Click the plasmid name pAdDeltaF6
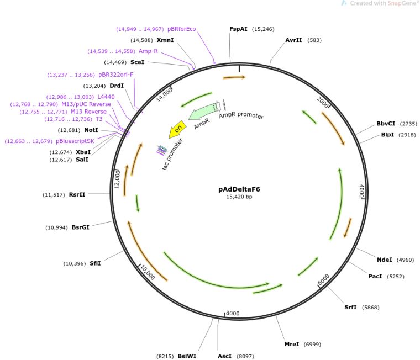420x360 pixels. point(239,189)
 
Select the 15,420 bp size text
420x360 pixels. point(239,197)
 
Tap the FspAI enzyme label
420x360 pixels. point(239,29)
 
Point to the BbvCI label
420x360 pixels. point(386,124)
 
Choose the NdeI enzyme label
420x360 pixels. point(384,260)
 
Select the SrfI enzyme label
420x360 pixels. point(350,308)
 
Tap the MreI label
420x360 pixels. point(291,344)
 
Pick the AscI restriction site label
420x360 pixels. point(224,357)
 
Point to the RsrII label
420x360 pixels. point(77,195)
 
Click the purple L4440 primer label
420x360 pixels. point(106,97)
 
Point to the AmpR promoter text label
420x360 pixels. point(241,117)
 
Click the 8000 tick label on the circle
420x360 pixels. point(233,314)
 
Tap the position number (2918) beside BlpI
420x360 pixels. point(406,135)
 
